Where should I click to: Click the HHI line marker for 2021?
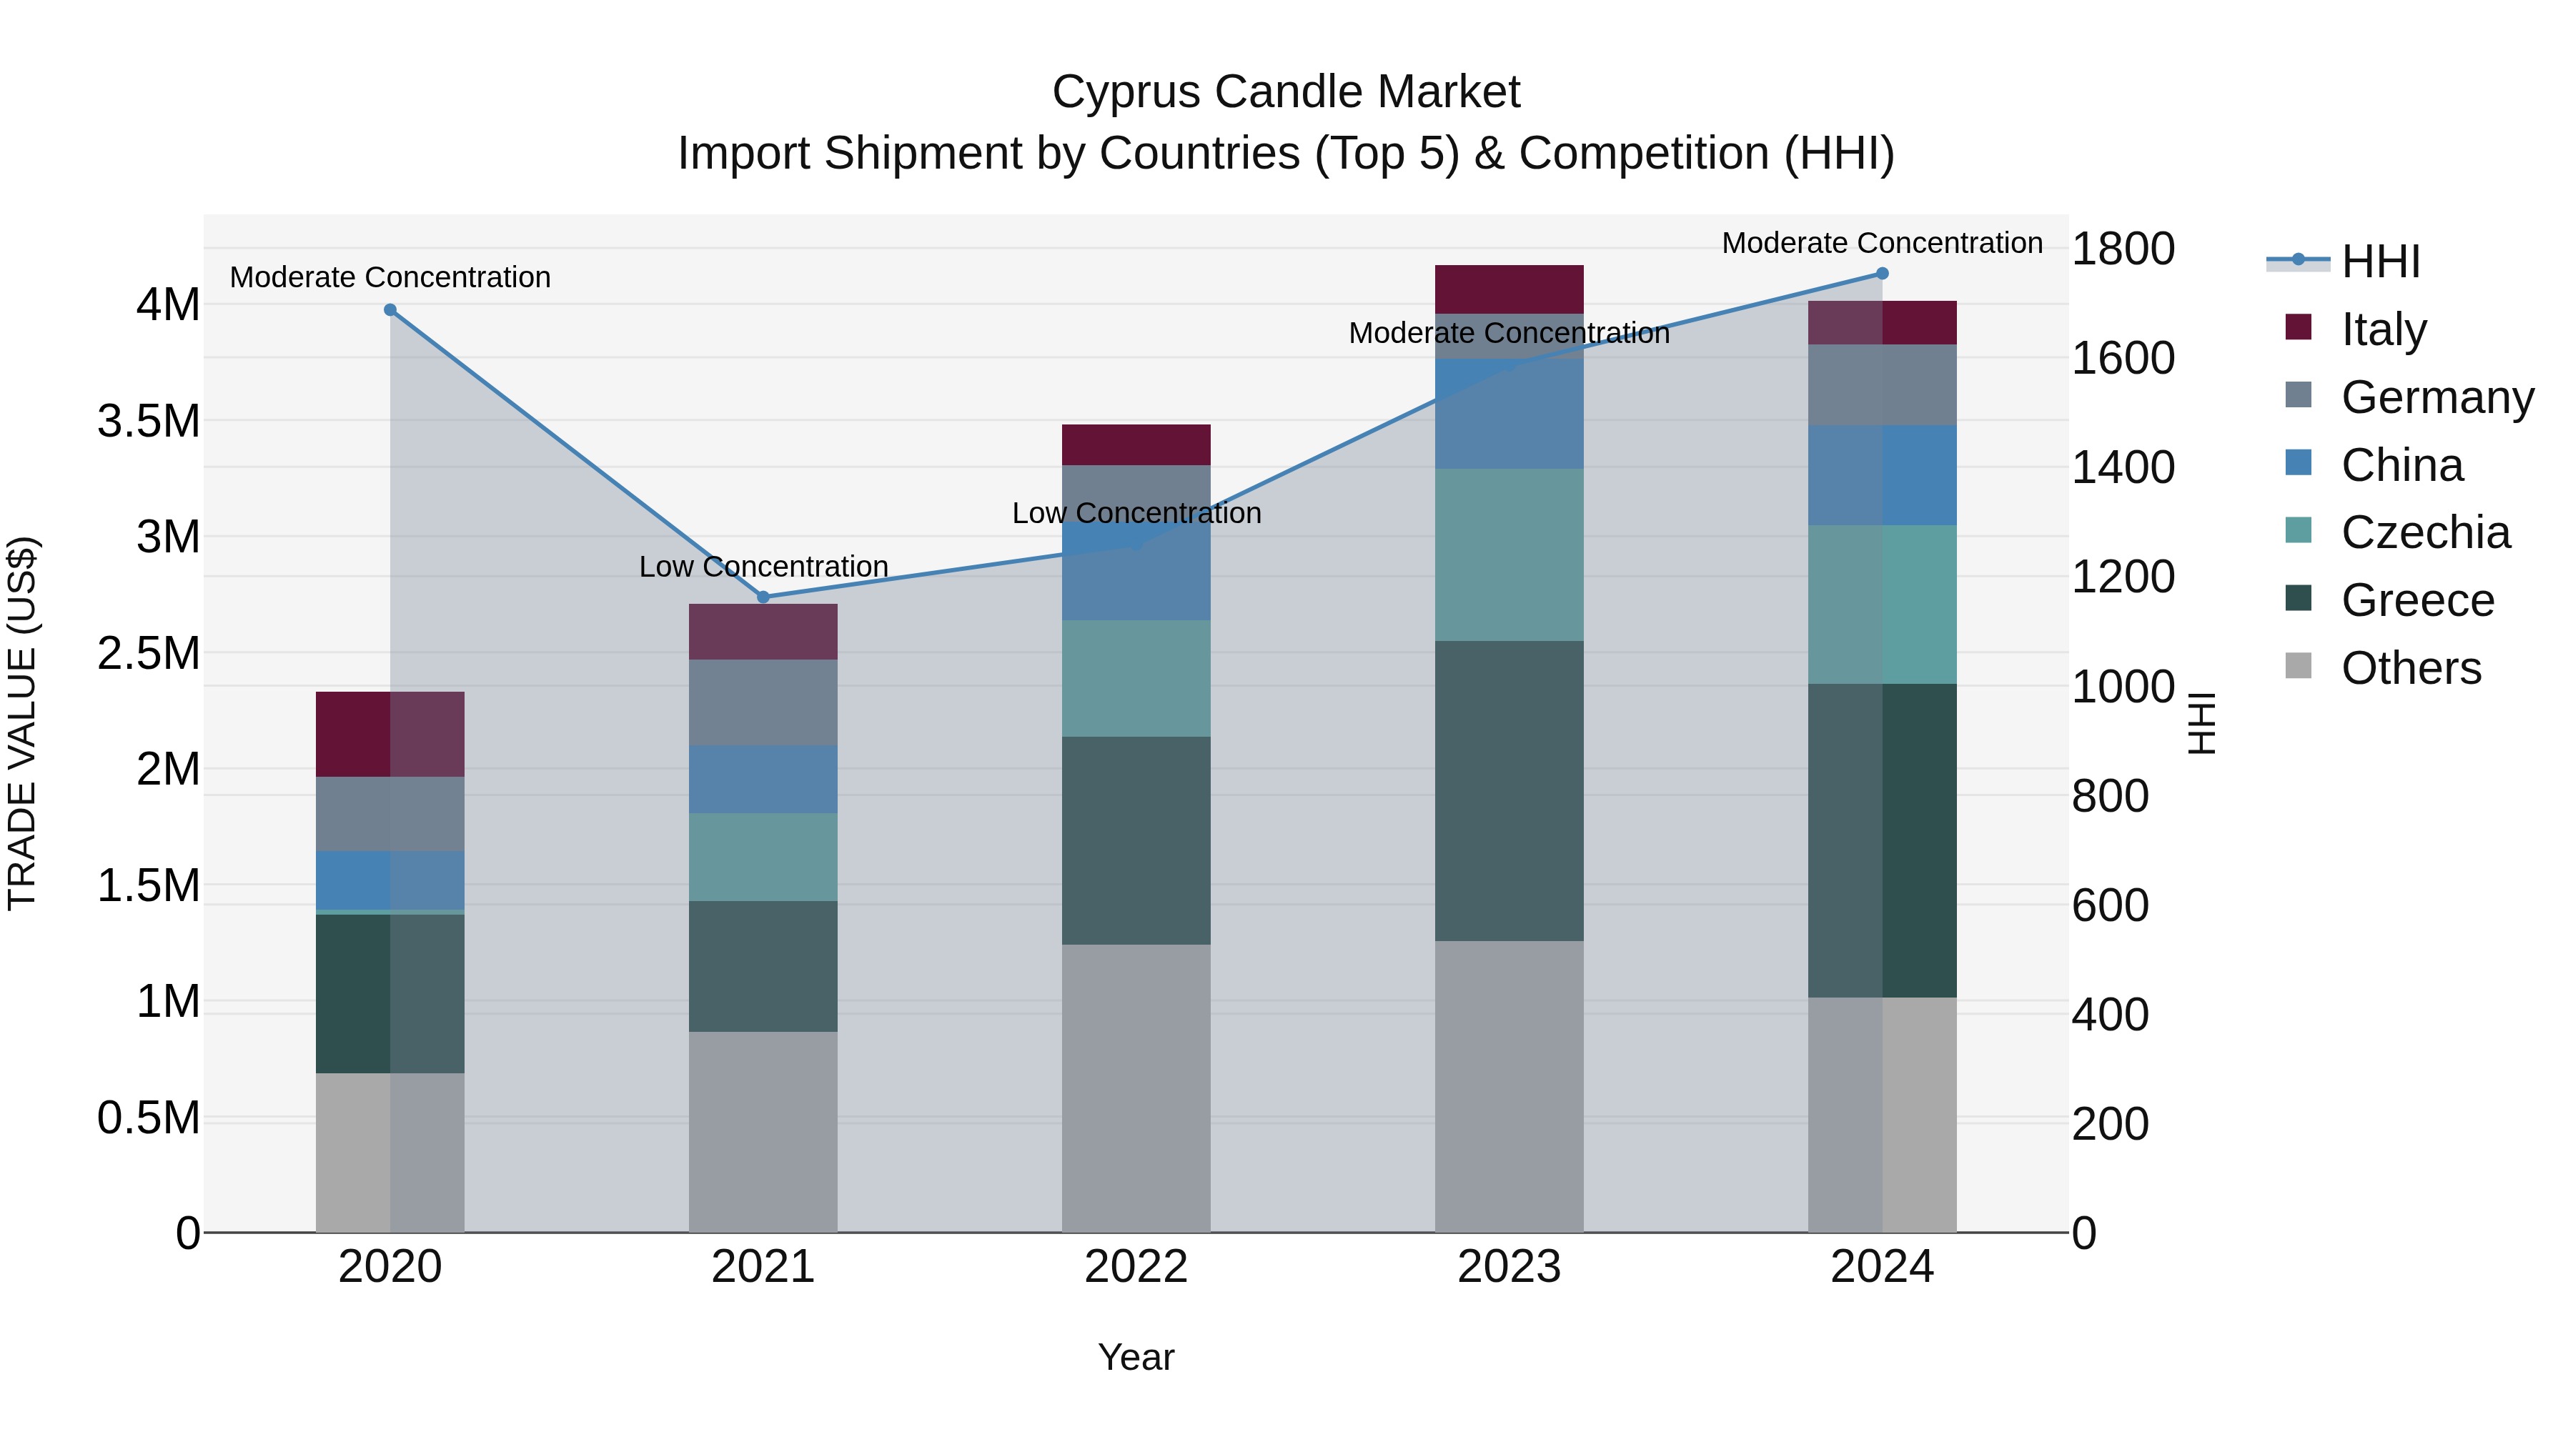pyautogui.click(x=763, y=597)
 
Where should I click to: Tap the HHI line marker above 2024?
pyautogui.click(x=1882, y=274)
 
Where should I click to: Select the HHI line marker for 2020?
pyautogui.click(x=390, y=309)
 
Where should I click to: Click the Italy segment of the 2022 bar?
pyautogui.click(x=1136, y=444)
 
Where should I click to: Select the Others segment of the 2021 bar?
pyautogui.click(x=763, y=1130)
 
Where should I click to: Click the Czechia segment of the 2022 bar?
pyautogui.click(x=1136, y=678)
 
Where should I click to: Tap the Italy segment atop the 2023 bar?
pyautogui.click(x=1508, y=289)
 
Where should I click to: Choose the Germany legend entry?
pyautogui.click(x=2436, y=397)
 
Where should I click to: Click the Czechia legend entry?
pyautogui.click(x=2424, y=532)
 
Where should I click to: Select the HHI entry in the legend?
pyautogui.click(x=2379, y=262)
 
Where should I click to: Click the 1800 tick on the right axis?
pyautogui.click(x=2123, y=249)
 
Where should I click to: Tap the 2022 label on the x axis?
pyautogui.click(x=1136, y=1267)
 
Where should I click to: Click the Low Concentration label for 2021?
pyautogui.click(x=763, y=566)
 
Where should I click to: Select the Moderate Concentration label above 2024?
pyautogui.click(x=1882, y=243)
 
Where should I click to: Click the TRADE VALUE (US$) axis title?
pyautogui.click(x=23, y=723)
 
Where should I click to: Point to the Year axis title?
pyautogui.click(x=1136, y=1357)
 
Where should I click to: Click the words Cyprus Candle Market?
pyautogui.click(x=1286, y=92)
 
